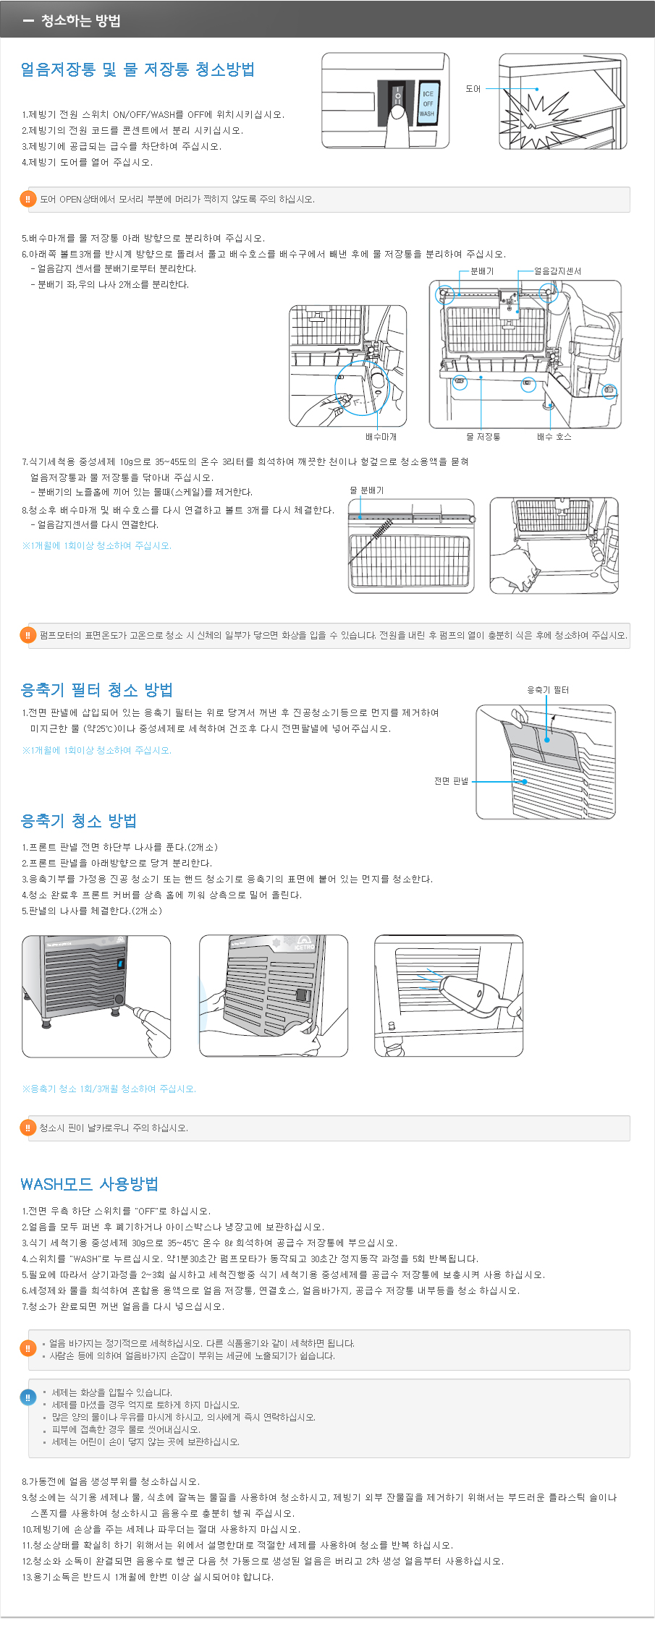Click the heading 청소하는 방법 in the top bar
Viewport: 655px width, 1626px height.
point(80,20)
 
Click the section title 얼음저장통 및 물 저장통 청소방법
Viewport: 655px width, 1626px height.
point(138,69)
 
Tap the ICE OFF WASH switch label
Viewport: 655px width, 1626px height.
point(428,103)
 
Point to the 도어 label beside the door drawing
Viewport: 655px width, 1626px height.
point(473,89)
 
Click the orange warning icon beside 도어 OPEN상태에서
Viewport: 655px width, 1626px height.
point(28,200)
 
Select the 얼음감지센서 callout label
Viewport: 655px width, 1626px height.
point(557,271)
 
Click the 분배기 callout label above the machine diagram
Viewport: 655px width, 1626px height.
point(482,271)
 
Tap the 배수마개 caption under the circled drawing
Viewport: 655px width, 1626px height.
point(381,437)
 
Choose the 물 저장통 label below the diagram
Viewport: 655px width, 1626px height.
point(483,437)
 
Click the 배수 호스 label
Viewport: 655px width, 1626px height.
point(554,437)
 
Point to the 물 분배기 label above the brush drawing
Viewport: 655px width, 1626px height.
point(367,490)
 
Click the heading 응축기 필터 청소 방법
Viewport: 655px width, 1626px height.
point(97,690)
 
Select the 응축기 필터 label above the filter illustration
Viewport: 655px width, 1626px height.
point(548,690)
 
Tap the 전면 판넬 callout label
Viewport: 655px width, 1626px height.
point(451,781)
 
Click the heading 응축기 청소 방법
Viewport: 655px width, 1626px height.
point(79,821)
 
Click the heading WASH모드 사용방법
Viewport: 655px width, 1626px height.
point(90,1184)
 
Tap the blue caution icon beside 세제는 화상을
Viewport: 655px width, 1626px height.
point(28,1397)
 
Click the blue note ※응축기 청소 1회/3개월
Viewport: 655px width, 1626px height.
point(109,1089)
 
